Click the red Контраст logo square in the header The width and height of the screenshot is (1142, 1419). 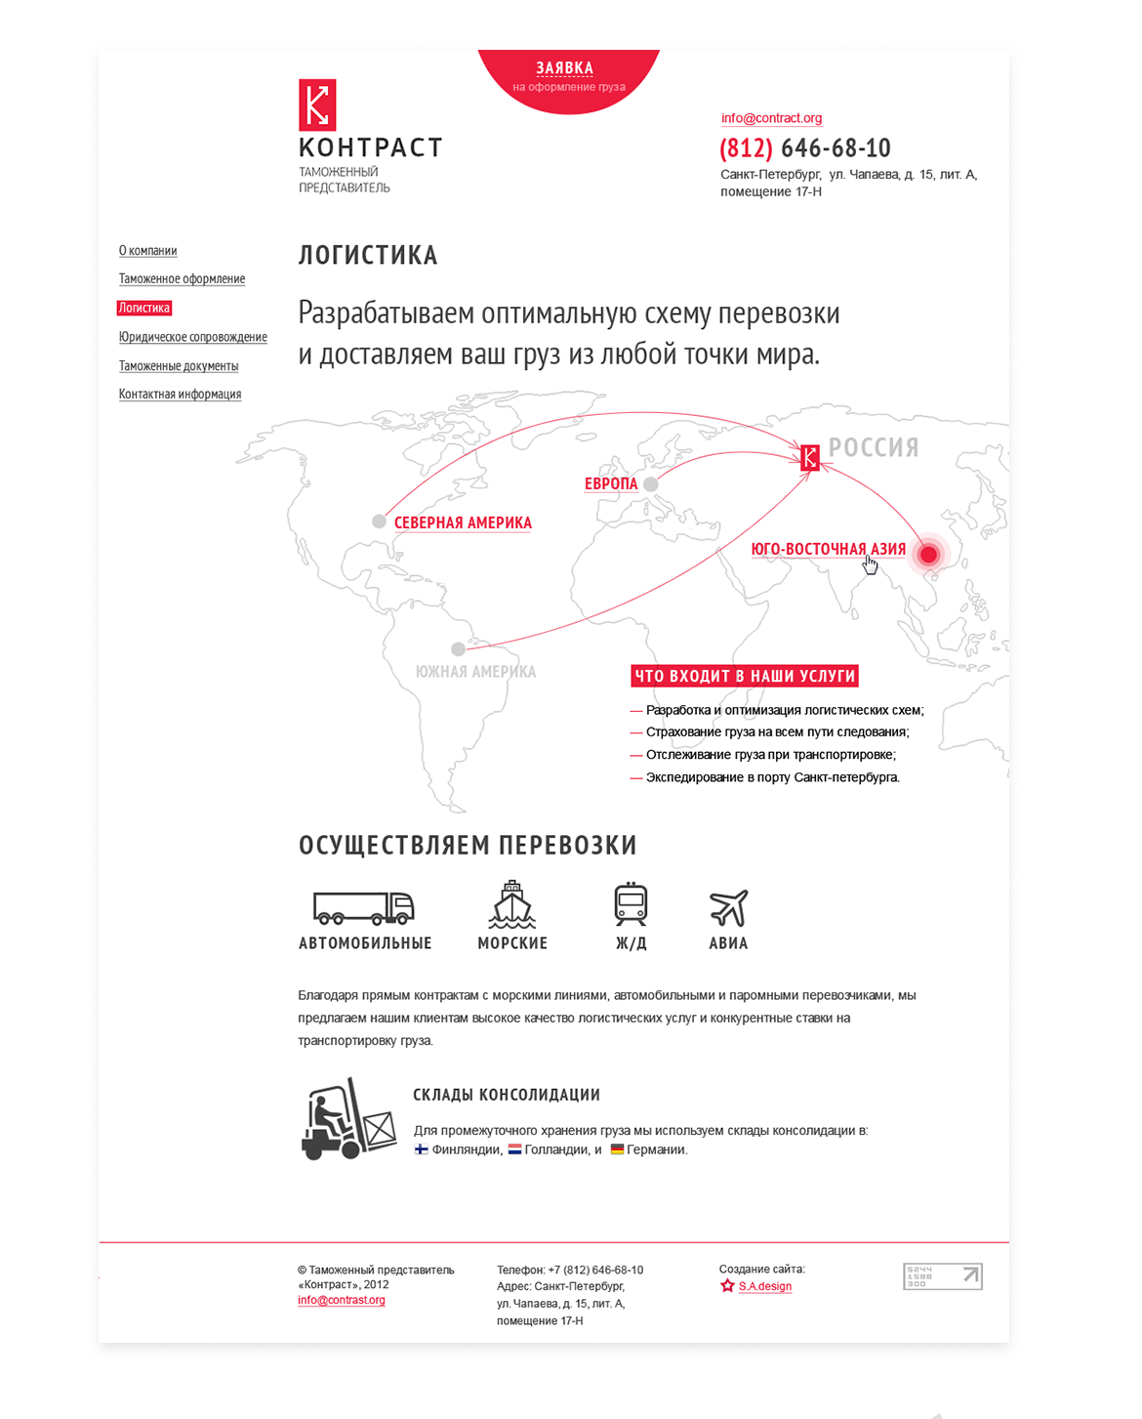[x=317, y=104]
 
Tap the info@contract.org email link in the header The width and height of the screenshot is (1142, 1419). [x=771, y=118]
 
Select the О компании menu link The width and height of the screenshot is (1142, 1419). [x=147, y=251]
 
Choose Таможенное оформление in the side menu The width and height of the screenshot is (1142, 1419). [x=182, y=279]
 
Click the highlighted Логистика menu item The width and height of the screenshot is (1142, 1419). [x=144, y=308]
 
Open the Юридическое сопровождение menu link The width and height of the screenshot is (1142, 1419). [x=192, y=337]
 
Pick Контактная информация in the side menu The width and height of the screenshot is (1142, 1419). [x=180, y=395]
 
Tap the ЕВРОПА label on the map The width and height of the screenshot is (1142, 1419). [x=611, y=484]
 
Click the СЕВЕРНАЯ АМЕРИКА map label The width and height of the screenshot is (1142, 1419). [x=463, y=523]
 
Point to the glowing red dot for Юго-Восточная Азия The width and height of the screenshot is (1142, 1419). [x=928, y=555]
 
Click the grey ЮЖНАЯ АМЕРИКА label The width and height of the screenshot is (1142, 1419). [x=475, y=672]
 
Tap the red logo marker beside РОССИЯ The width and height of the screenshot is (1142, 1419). [x=809, y=457]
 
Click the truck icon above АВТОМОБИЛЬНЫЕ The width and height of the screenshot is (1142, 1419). [x=363, y=907]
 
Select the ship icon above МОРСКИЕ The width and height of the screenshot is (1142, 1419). [x=512, y=904]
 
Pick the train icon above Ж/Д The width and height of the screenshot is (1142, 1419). [x=631, y=904]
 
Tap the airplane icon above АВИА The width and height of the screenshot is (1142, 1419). [x=728, y=907]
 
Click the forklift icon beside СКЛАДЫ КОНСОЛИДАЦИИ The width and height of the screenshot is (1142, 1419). [x=348, y=1119]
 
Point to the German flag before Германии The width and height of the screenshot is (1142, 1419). [x=617, y=1149]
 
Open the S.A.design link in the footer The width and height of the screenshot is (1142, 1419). [x=764, y=1286]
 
